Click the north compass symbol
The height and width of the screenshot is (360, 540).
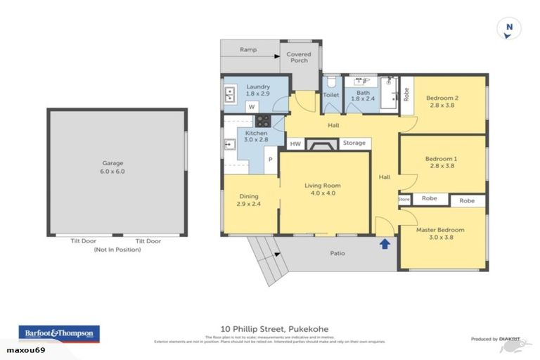509,29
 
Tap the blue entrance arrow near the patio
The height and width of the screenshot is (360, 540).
385,244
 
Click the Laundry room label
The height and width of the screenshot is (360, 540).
257,90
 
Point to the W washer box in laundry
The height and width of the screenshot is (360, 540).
250,107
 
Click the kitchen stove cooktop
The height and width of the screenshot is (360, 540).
263,121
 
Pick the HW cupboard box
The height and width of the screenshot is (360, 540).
296,143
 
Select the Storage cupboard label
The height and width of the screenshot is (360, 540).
354,143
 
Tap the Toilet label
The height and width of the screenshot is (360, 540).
331,95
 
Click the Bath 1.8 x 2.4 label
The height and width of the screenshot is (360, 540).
363,96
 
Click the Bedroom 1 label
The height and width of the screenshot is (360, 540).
441,163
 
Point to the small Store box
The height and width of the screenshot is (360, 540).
404,199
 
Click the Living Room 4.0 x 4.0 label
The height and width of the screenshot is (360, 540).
324,190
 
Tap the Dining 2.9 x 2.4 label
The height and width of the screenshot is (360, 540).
249,200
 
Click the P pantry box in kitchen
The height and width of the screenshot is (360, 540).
269,161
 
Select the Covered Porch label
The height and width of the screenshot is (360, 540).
297,58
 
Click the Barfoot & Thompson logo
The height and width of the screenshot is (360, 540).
59,333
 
